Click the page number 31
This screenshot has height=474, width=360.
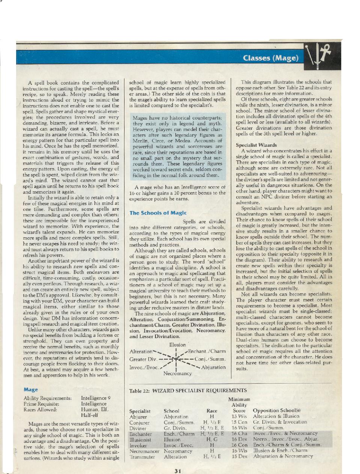178,471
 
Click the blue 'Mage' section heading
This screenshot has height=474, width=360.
31,390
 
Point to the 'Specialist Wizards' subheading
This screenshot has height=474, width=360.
256,145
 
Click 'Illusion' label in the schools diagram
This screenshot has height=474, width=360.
178,345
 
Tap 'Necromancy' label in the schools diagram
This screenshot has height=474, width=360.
178,373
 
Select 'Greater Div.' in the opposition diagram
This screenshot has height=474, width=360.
143,359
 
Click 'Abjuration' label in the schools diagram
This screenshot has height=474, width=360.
213,367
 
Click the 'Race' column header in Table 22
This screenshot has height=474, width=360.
212,411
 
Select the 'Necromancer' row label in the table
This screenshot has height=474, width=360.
145,451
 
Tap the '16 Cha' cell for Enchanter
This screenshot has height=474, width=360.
239,433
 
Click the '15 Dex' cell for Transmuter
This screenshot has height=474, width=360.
239,457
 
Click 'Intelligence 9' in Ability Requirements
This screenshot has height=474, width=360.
96,398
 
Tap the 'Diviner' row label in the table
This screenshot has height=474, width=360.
138,428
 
